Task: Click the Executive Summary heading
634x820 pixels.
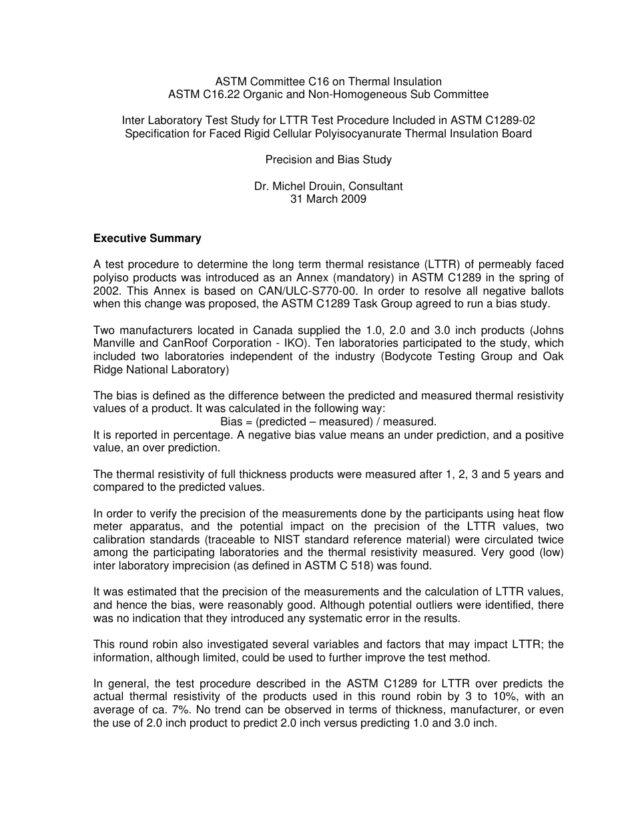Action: point(147,238)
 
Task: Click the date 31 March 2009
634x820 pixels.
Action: point(328,199)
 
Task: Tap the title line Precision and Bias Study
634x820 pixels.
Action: point(328,159)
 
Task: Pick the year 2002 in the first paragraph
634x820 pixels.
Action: point(105,291)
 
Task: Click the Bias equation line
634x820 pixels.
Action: point(328,421)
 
